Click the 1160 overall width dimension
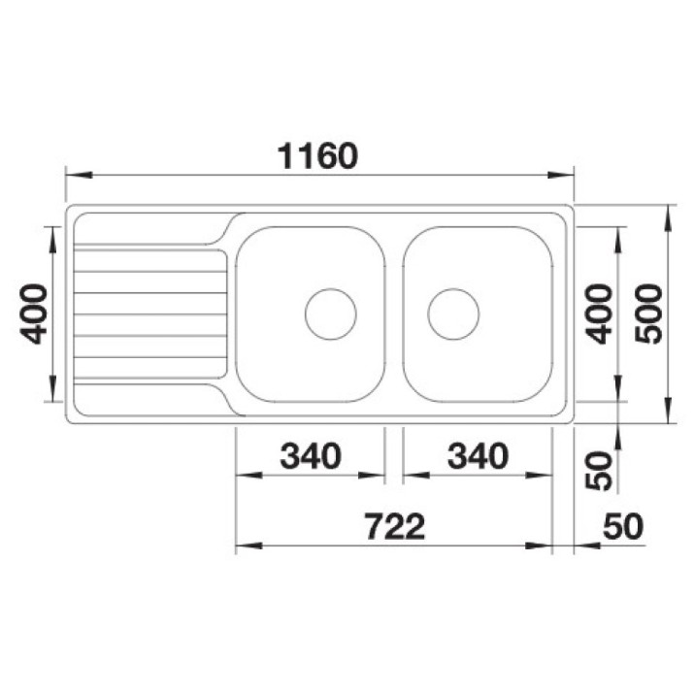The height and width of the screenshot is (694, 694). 317,156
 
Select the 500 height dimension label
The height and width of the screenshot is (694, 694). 648,314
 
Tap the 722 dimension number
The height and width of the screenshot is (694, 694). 395,527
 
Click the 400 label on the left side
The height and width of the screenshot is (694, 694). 34,314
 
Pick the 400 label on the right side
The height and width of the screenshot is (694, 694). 599,314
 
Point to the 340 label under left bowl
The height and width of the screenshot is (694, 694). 311,456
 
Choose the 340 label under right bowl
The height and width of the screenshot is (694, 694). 478,456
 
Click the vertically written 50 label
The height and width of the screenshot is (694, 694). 599,471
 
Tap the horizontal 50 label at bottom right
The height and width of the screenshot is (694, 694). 623,527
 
